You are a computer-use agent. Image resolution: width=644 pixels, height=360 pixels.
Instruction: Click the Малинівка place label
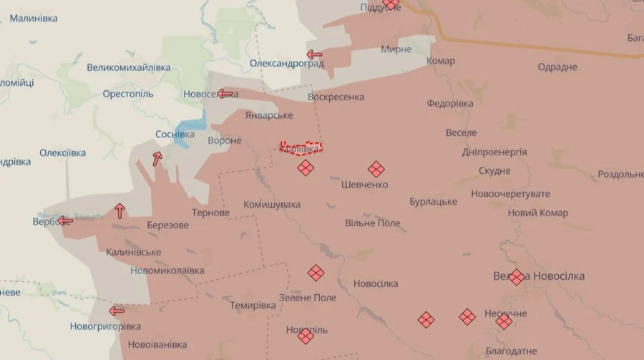pos(34,18)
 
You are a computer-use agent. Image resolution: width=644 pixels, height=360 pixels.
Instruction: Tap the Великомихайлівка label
pos(129,67)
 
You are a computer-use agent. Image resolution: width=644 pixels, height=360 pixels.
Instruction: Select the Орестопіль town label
pos(128,94)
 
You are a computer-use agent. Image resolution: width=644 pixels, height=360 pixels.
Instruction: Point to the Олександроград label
pos(287,63)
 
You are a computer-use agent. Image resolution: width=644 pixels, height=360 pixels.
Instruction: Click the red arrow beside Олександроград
pos(314,54)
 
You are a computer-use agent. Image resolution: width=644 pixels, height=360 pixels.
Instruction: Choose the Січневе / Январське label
pos(269,115)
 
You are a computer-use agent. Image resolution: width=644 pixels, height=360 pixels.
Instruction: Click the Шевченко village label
pos(365,185)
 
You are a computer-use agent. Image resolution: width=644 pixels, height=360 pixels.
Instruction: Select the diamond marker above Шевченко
pos(376,170)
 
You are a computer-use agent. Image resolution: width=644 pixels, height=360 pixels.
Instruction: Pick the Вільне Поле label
pos(373,223)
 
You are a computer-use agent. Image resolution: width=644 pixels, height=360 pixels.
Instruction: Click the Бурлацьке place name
pos(434,202)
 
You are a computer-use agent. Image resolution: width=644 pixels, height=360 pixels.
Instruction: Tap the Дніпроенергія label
pos(496,152)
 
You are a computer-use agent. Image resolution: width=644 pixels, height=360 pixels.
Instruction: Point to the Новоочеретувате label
pos(511,194)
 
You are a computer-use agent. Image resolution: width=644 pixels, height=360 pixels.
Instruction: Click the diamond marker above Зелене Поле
pos(316,273)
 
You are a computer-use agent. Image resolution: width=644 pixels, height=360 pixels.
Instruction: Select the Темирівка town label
pos(253,305)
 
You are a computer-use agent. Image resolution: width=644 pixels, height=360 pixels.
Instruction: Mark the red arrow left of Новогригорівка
pos(117,311)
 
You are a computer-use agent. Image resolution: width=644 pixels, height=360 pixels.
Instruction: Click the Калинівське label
pos(133,252)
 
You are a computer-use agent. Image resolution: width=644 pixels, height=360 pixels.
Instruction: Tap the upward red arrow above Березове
pos(119,211)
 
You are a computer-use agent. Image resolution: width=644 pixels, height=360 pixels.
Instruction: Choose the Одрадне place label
pos(557,67)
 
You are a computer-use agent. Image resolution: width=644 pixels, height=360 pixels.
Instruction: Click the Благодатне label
pos(511,351)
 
